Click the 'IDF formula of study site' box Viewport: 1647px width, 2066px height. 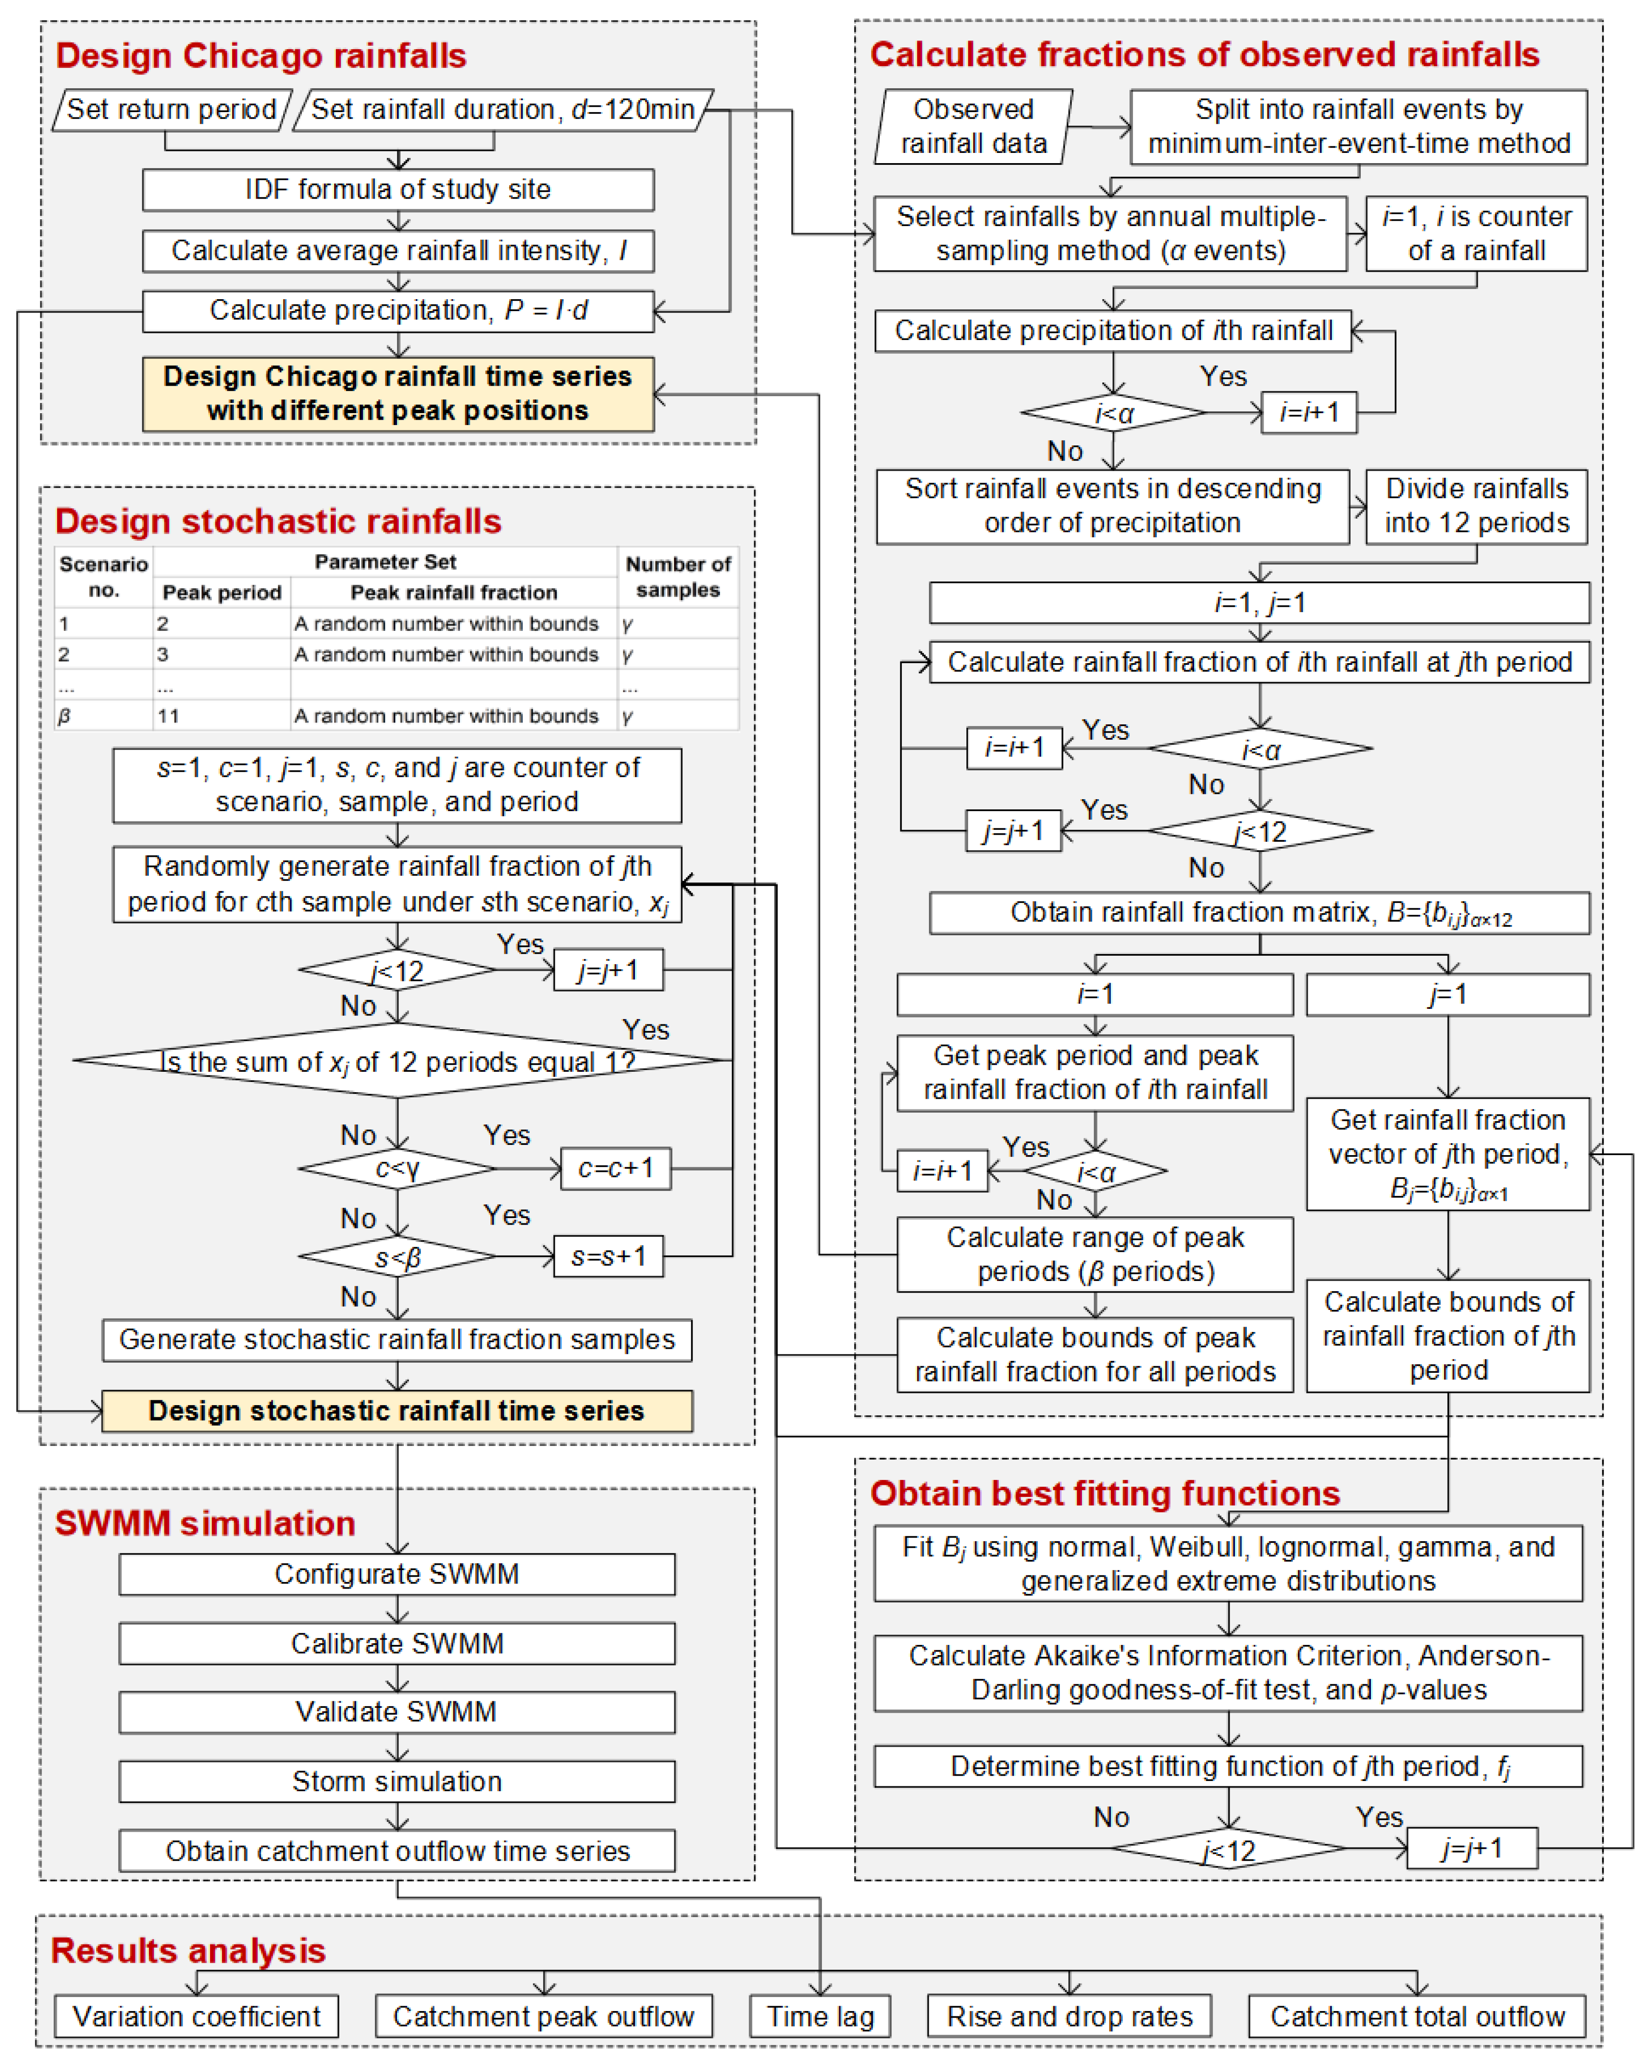pyautogui.click(x=397, y=190)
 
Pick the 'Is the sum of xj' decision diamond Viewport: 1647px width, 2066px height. pyautogui.click(x=397, y=1061)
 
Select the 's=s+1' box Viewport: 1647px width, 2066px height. pyautogui.click(x=608, y=1256)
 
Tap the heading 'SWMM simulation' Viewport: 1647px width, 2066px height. pyautogui.click(x=205, y=1523)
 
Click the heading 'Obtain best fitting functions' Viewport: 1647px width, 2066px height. pyautogui.click(x=1105, y=1494)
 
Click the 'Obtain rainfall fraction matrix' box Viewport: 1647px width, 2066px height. pyautogui.click(x=1259, y=913)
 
